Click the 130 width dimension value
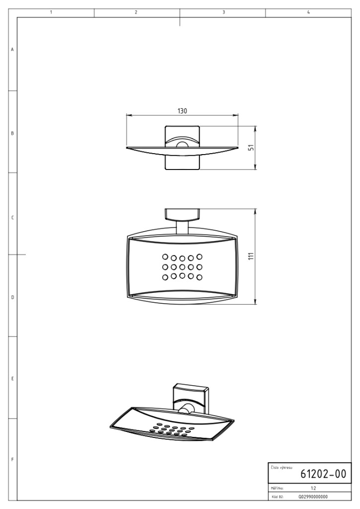tap(182, 111)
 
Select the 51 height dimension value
tap(251, 148)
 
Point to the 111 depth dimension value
tap(251, 256)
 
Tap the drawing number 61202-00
tap(323, 474)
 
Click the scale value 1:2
tap(313, 488)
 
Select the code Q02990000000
tap(313, 497)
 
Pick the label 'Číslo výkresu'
tap(281, 467)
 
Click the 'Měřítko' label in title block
tap(277, 488)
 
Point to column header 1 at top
tap(51, 12)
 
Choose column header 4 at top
tap(308, 12)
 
